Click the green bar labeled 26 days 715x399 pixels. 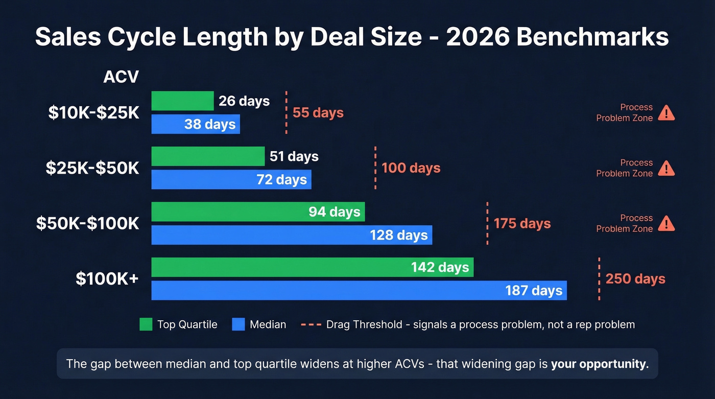coord(182,101)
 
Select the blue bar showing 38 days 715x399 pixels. coord(196,124)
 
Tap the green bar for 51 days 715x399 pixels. coord(208,156)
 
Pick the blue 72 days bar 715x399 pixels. coord(231,179)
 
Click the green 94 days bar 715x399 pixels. coord(258,212)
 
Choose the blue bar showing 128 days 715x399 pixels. coord(292,235)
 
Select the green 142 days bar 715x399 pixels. coord(312,267)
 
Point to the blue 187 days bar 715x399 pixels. coord(359,290)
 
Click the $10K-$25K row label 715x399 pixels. coord(93,113)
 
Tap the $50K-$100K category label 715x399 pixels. coord(87,223)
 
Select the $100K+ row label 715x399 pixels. coord(107,279)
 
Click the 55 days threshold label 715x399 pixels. coord(318,113)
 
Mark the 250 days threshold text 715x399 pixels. coord(635,279)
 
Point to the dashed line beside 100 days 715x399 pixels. coord(375,168)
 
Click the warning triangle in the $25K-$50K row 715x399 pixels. coord(666,168)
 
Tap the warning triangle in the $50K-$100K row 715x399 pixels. coord(666,224)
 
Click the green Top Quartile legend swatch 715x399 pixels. coord(146,324)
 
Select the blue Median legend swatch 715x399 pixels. coord(239,324)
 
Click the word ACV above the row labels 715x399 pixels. coord(121,77)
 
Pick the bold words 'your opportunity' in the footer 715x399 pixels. coord(600,364)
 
